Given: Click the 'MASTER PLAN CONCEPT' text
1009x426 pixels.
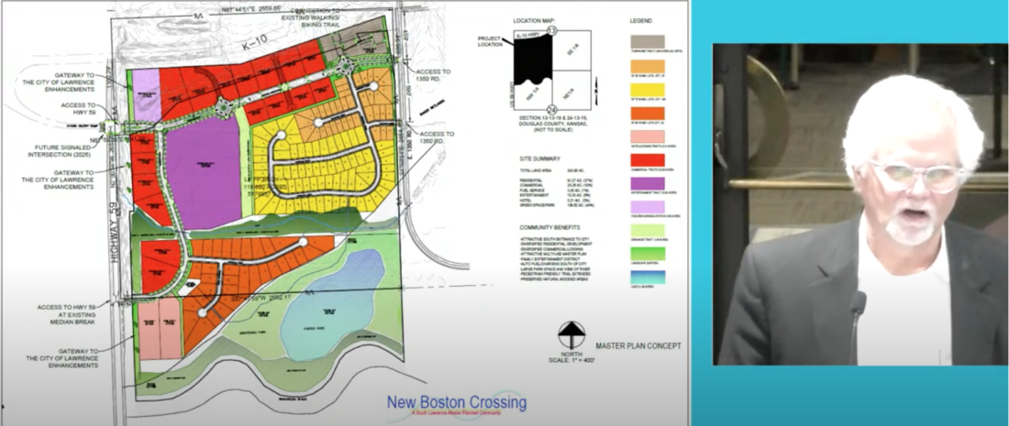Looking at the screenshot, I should [x=638, y=345].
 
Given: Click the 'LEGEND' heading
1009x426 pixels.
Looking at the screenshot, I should [x=640, y=19].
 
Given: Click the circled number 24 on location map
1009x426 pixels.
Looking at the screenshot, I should [x=552, y=109].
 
